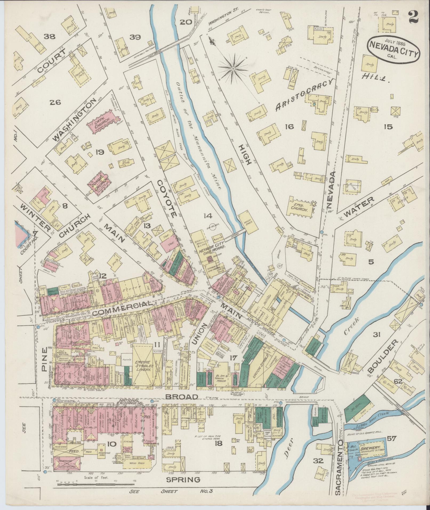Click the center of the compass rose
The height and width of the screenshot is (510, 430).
click(x=233, y=69)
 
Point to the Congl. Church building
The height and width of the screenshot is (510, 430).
click(x=99, y=182)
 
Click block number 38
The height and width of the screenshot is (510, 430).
click(x=50, y=37)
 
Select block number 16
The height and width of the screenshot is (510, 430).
click(x=289, y=126)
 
